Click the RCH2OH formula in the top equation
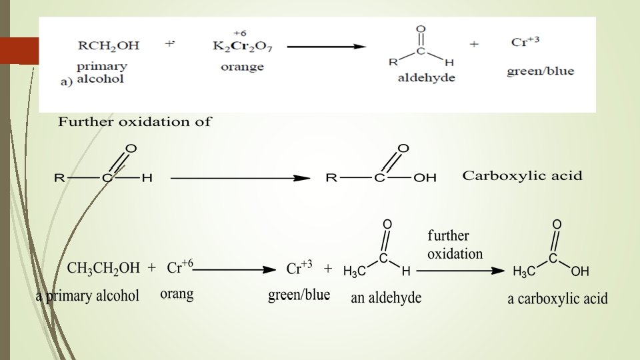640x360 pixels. click(109, 46)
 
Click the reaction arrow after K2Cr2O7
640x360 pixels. click(327, 47)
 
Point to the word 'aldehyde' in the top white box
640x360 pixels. click(426, 78)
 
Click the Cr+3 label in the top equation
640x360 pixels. click(525, 41)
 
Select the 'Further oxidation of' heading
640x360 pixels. click(135, 122)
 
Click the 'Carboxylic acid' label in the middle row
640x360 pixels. click(522, 176)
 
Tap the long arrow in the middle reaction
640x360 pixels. click(240, 178)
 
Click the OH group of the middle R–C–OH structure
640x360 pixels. click(425, 178)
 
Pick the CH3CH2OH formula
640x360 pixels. click(104, 268)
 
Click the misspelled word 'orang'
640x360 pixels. click(177, 294)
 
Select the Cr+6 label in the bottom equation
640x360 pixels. click(180, 267)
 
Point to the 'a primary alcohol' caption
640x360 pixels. click(87, 296)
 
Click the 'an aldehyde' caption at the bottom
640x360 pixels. click(386, 298)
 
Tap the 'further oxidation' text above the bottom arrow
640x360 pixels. click(455, 245)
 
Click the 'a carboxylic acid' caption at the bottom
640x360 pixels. click(557, 298)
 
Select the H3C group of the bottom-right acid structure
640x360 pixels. click(524, 271)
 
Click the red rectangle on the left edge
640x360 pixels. click(19, 50)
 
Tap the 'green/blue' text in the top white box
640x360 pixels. click(540, 71)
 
